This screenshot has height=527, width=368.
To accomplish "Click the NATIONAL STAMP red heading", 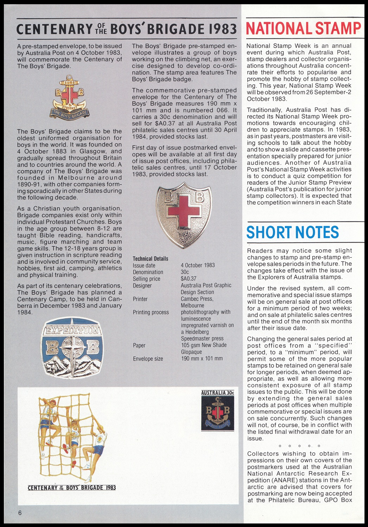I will click(x=303, y=28).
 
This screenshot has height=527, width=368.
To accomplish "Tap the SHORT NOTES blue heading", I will click(x=293, y=232).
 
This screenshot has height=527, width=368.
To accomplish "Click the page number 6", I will click(x=20, y=513).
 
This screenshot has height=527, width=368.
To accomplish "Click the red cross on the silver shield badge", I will click(x=184, y=211).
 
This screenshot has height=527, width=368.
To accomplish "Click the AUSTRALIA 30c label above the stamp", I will click(x=217, y=393).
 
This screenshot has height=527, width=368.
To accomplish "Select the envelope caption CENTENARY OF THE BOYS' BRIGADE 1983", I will click(x=72, y=488).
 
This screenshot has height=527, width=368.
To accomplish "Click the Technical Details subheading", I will click(x=151, y=259).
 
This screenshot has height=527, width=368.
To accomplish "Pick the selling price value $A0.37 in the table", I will click(x=189, y=279).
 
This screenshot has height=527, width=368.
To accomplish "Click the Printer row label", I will click(x=140, y=299).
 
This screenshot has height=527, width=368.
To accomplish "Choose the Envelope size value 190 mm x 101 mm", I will click(x=202, y=359).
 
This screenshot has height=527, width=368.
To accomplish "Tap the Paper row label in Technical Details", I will click(x=139, y=345).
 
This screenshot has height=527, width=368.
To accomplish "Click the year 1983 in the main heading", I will click(x=222, y=29).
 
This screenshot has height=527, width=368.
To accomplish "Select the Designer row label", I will click(x=142, y=286).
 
